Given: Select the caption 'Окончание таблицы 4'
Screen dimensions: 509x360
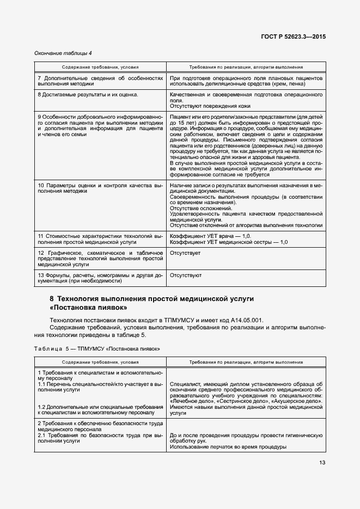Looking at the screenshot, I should point(63,53).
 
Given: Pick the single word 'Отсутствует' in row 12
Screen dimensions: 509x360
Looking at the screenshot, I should point(185,254).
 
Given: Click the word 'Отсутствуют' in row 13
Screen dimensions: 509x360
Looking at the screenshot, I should point(186,275).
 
